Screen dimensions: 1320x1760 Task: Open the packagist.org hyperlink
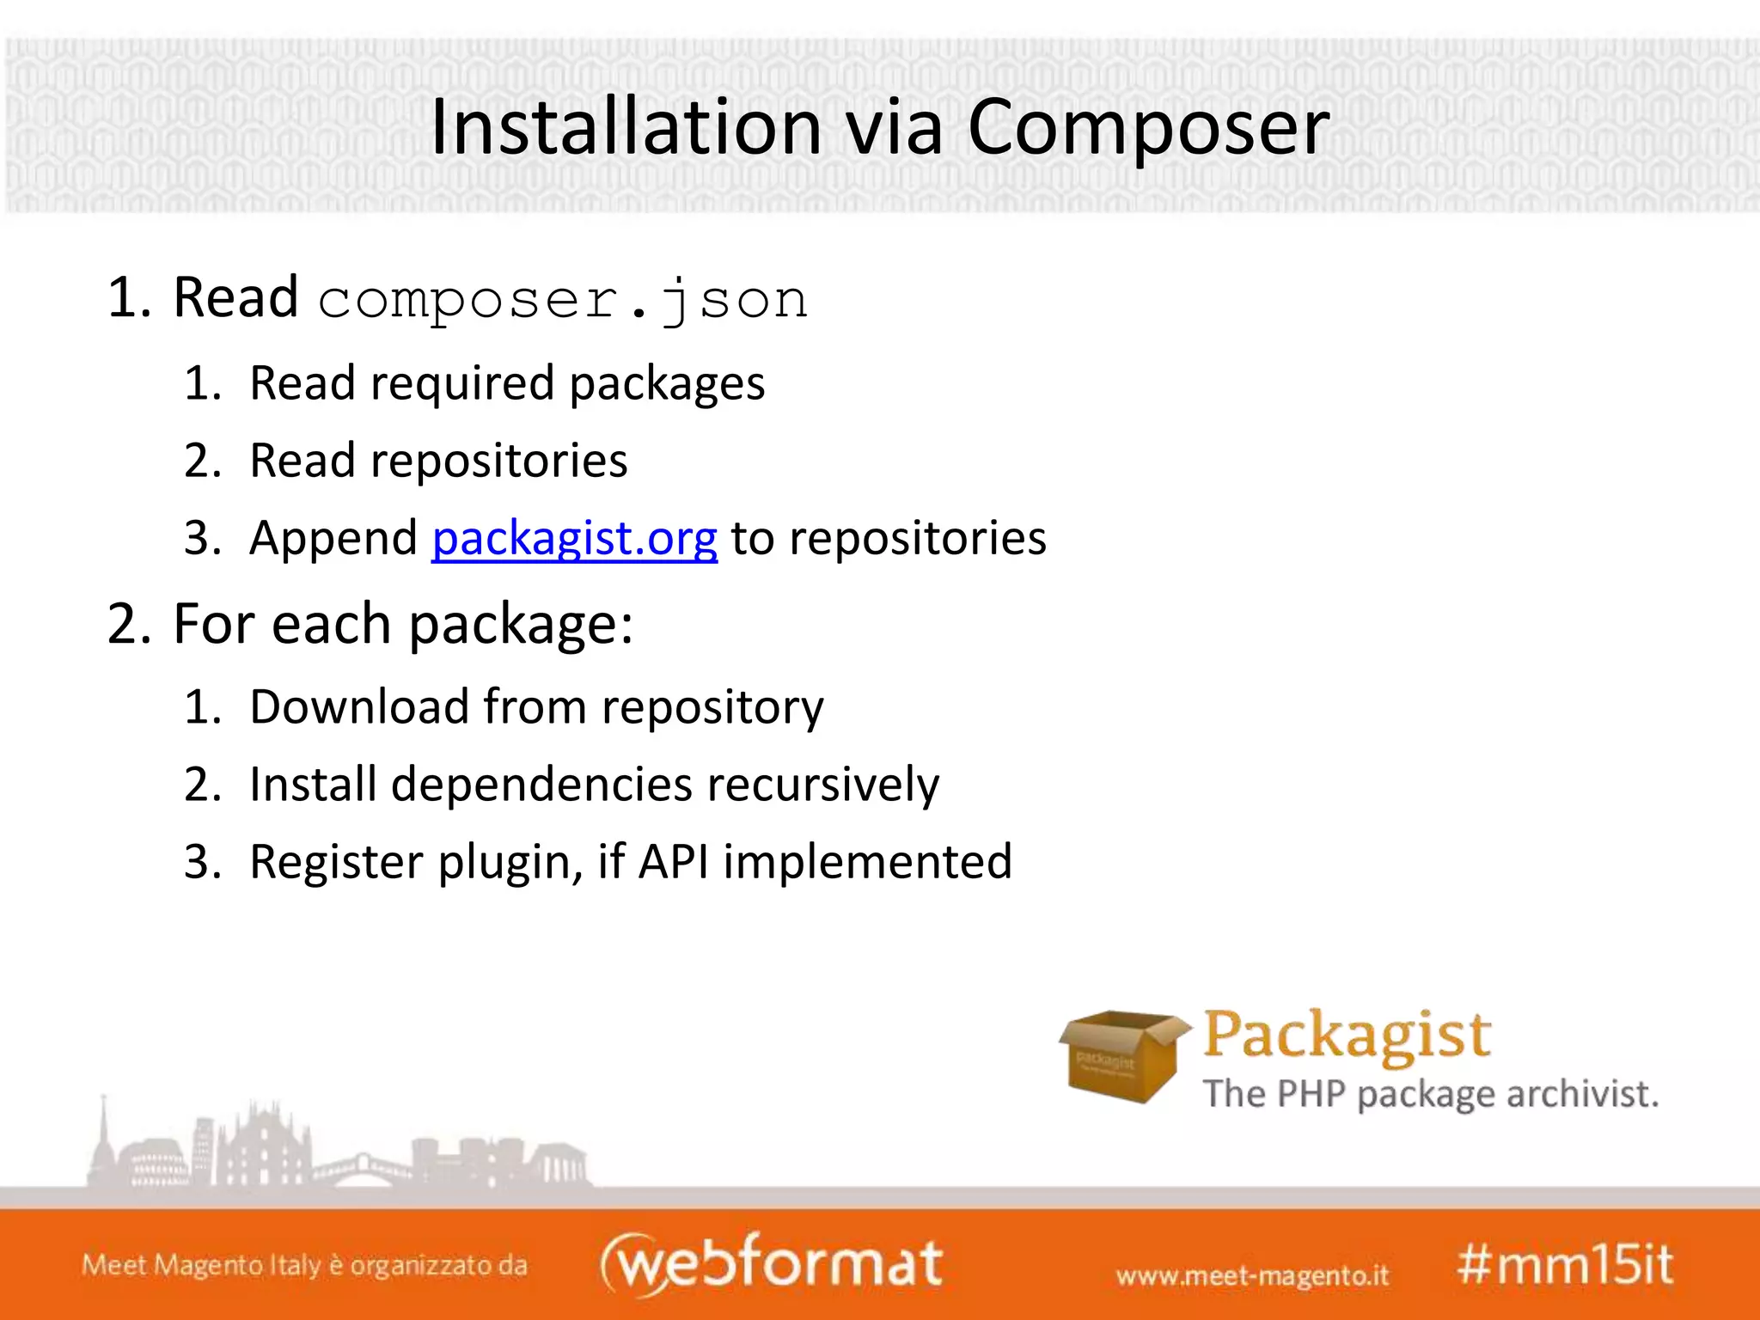pos(574,539)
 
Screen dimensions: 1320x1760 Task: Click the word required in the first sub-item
pos(462,383)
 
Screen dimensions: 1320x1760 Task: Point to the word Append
pos(333,539)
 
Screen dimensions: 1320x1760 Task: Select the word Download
pos(358,706)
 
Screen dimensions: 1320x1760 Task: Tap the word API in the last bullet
pos(674,862)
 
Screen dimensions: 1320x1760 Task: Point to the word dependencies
pos(541,785)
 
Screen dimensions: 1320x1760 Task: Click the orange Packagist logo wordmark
pos(1347,1035)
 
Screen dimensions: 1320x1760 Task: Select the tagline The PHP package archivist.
pos(1430,1095)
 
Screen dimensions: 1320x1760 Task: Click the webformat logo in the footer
pos(771,1263)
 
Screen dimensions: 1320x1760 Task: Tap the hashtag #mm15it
pos(1564,1265)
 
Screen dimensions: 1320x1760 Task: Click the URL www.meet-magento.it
pos(1252,1275)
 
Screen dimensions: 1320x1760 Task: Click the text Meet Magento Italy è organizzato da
pos(304,1265)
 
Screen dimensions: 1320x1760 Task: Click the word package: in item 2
pos(520,624)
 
